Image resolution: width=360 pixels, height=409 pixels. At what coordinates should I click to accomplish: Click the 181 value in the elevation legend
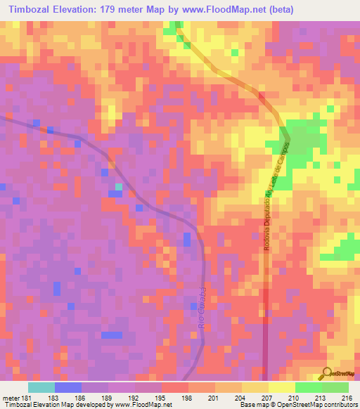pos(28,398)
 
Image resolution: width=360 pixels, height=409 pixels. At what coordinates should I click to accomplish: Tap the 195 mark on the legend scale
pos(161,398)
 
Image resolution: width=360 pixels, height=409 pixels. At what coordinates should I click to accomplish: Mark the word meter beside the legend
pos(11,398)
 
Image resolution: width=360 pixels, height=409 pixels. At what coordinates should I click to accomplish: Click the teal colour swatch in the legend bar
pos(41,387)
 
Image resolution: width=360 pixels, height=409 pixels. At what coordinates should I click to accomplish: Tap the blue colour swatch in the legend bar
pos(68,387)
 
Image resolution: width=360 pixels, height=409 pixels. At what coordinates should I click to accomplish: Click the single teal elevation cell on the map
pos(118,186)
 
